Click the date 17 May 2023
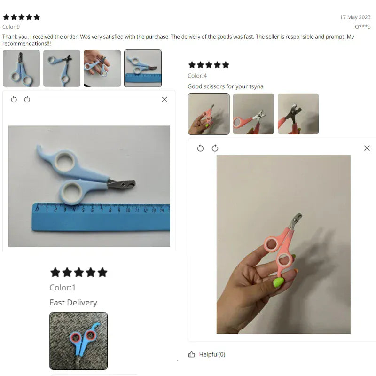(x=355, y=17)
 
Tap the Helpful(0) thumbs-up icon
(x=192, y=354)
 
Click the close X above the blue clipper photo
(x=164, y=99)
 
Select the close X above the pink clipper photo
(x=367, y=148)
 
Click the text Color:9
(x=11, y=27)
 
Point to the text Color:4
(x=197, y=76)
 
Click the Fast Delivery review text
(x=73, y=303)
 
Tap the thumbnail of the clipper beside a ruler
(x=143, y=68)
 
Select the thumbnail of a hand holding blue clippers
(x=102, y=68)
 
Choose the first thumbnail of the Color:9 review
(x=21, y=68)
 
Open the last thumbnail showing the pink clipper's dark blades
(x=298, y=114)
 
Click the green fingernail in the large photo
(x=278, y=282)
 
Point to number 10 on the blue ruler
(x=128, y=211)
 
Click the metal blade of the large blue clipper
(x=122, y=185)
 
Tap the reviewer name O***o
(x=363, y=27)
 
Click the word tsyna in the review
(x=256, y=86)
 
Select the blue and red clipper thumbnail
(x=78, y=341)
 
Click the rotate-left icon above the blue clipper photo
(x=14, y=99)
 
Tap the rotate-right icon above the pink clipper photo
(x=215, y=148)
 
